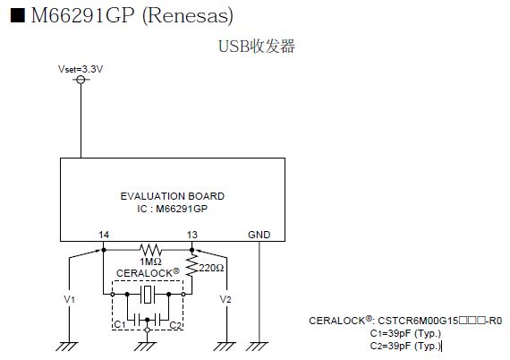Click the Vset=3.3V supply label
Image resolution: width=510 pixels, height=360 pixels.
pyautogui.click(x=81, y=69)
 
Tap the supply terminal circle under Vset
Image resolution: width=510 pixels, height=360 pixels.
pyautogui.click(x=81, y=80)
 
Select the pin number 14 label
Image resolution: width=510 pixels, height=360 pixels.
pyautogui.click(x=104, y=235)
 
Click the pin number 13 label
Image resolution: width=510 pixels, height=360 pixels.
pyautogui.click(x=191, y=235)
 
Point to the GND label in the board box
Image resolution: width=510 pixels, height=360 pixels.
pyautogui.click(x=259, y=235)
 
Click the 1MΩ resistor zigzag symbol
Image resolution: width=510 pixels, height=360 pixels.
pyautogui.click(x=150, y=250)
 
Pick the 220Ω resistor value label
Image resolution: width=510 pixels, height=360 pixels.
pyautogui.click(x=211, y=268)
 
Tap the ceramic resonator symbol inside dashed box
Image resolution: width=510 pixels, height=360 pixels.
pyautogui.click(x=148, y=295)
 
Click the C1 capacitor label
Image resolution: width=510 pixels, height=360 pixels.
pyautogui.click(x=120, y=324)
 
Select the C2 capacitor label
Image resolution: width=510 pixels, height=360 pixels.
pyautogui.click(x=175, y=325)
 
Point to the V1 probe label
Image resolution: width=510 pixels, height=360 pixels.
pyautogui.click(x=69, y=299)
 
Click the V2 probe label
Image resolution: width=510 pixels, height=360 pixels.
pyautogui.click(x=225, y=299)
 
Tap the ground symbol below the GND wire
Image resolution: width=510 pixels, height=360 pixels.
pyautogui.click(x=258, y=347)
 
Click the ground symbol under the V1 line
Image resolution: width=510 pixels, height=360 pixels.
pyautogui.click(x=67, y=347)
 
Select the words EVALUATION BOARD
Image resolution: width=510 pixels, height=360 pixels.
pyautogui.click(x=173, y=196)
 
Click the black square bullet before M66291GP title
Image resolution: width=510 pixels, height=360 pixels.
pyautogui.click(x=18, y=15)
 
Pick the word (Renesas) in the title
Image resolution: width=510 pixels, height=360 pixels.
pyautogui.click(x=188, y=15)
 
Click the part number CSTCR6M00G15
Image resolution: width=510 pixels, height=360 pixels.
pyautogui.click(x=418, y=321)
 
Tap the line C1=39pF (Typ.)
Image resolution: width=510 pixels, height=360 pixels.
pyautogui.click(x=405, y=333)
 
